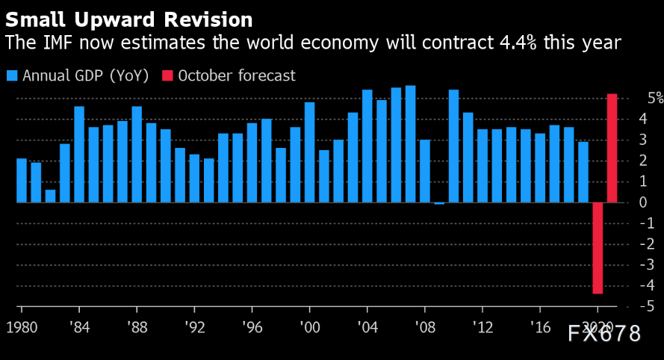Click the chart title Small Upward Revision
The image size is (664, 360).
tap(129, 18)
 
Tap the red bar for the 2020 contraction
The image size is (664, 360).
tap(598, 248)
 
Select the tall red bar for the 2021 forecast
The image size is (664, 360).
tap(612, 148)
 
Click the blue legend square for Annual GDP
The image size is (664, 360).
tap(12, 75)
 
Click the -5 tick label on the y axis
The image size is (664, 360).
tap(651, 307)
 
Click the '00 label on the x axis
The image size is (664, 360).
tap(309, 327)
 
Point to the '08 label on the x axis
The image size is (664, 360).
tap(425, 327)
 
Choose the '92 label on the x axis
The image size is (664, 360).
tap(194, 327)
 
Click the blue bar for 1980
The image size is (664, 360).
tap(22, 180)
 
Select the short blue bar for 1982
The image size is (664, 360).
tap(50, 196)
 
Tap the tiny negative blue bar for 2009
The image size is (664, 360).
tap(439, 203)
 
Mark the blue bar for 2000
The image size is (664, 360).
tap(309, 152)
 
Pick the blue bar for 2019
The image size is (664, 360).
tap(583, 172)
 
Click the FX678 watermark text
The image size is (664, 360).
tap(604, 334)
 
